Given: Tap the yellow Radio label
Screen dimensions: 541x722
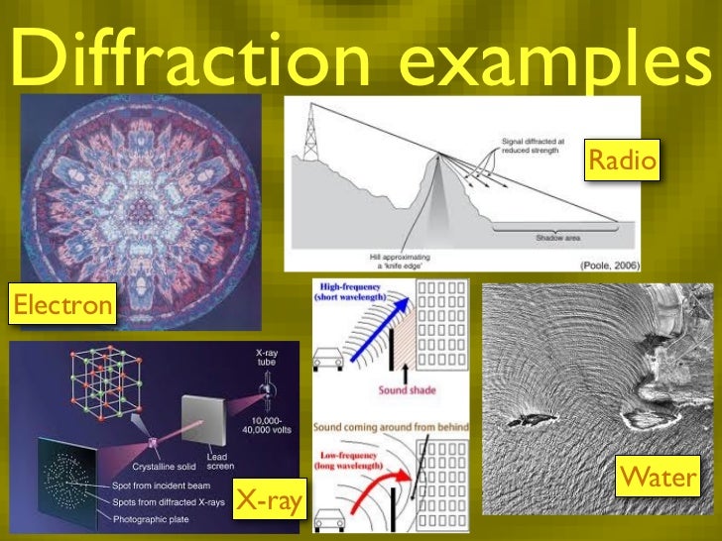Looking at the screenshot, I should (x=622, y=162).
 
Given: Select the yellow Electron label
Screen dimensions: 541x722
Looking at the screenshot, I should (x=60, y=304).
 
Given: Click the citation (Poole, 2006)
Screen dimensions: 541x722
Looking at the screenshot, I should (x=611, y=264).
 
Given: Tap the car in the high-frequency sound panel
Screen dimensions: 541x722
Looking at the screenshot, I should (x=328, y=361).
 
